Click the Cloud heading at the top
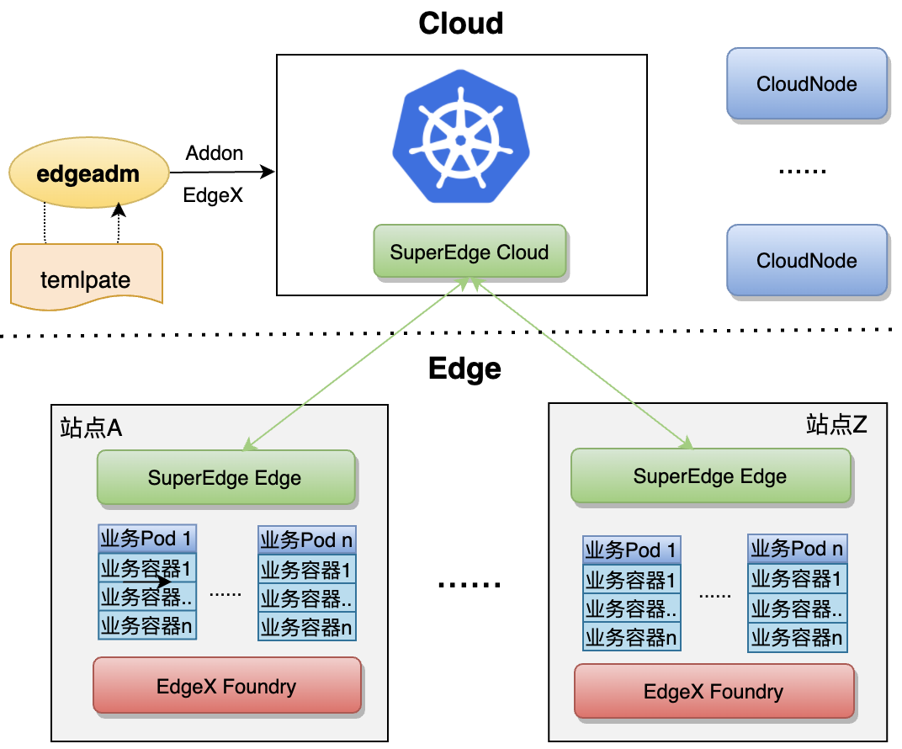tap(460, 23)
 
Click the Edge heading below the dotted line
tap(464, 369)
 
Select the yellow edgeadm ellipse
tap(88, 175)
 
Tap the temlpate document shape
tap(85, 278)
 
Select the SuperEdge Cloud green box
tap(470, 252)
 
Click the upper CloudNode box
tap(806, 83)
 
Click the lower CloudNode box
tap(806, 260)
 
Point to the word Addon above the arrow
tap(215, 153)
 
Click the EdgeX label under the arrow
tap(213, 195)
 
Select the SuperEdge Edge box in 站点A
tap(225, 478)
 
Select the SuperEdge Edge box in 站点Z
tap(709, 476)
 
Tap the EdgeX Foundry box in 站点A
tap(226, 686)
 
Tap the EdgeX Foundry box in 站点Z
tap(713, 692)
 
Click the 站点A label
tap(91, 428)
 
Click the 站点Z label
tap(836, 424)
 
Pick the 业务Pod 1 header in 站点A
tap(147, 539)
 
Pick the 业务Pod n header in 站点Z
tap(796, 550)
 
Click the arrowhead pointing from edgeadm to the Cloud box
tap(268, 173)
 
